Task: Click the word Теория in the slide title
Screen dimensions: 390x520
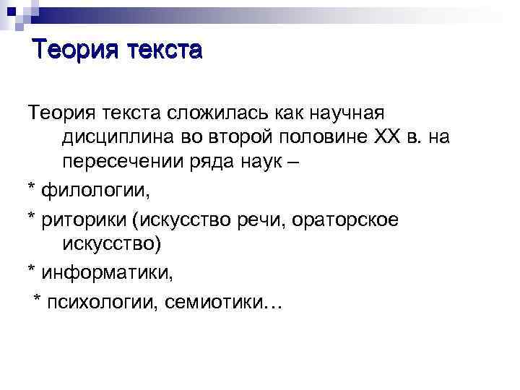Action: tap(76, 51)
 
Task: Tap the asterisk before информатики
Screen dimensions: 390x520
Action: tap(32, 272)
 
